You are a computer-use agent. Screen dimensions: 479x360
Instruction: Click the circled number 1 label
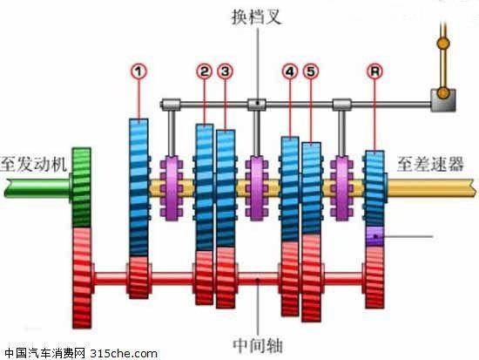(x=139, y=71)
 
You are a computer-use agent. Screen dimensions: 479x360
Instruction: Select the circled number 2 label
(x=204, y=71)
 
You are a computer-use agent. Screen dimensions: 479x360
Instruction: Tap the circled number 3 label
(x=226, y=71)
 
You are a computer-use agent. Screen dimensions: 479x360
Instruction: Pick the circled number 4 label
(x=290, y=71)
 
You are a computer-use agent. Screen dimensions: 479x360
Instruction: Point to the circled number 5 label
(x=311, y=71)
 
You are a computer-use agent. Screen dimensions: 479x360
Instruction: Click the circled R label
(x=374, y=71)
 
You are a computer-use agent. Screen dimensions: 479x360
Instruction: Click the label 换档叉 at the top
(x=257, y=17)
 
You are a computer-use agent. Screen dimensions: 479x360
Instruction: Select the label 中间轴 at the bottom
(x=258, y=346)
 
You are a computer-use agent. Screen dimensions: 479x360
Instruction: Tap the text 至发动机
(x=34, y=164)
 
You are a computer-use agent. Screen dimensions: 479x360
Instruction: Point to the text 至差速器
(x=430, y=164)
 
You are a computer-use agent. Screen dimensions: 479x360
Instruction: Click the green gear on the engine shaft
(x=81, y=187)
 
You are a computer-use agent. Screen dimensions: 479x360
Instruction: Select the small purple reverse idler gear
(x=374, y=236)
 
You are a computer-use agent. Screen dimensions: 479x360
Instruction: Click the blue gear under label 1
(x=138, y=187)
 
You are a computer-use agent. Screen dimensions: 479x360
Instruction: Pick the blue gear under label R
(x=374, y=189)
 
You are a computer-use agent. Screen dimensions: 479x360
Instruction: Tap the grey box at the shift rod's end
(x=443, y=100)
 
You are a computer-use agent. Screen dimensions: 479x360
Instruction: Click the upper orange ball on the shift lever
(x=443, y=43)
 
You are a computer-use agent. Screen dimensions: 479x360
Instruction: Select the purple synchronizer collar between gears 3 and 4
(x=257, y=187)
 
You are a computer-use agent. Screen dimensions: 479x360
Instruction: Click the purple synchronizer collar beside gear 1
(x=172, y=187)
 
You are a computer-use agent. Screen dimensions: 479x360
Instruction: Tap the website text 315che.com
(x=124, y=354)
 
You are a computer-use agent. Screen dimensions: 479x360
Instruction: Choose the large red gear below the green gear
(x=82, y=278)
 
